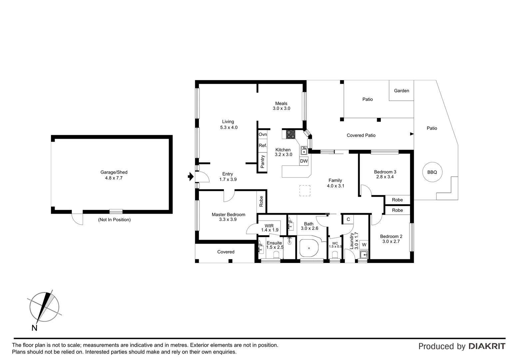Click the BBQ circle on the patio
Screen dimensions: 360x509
click(x=432, y=172)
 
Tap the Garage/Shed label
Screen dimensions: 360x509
click(x=114, y=172)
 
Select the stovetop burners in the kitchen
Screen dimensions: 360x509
click(x=291, y=134)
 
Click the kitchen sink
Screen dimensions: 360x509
click(x=304, y=151)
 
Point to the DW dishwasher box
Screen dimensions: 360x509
click(x=304, y=161)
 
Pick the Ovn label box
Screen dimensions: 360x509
click(x=262, y=134)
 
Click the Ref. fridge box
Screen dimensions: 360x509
click(x=262, y=146)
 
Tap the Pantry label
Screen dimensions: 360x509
click(x=262, y=162)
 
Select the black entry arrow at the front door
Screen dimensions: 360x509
click(x=191, y=177)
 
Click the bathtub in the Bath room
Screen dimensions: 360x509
click(x=309, y=248)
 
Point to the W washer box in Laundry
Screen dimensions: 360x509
click(x=364, y=245)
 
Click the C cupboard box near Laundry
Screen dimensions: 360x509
click(x=348, y=219)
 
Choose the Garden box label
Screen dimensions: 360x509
click(x=401, y=91)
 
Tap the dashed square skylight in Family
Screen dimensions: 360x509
click(x=304, y=191)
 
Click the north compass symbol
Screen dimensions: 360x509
click(x=44, y=307)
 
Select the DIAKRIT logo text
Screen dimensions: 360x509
click(x=487, y=346)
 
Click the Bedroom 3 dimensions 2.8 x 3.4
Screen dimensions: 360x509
click(x=385, y=177)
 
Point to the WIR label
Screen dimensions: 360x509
click(x=269, y=226)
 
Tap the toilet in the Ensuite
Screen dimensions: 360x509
click(x=276, y=255)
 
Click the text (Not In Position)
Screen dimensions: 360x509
click(x=114, y=220)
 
